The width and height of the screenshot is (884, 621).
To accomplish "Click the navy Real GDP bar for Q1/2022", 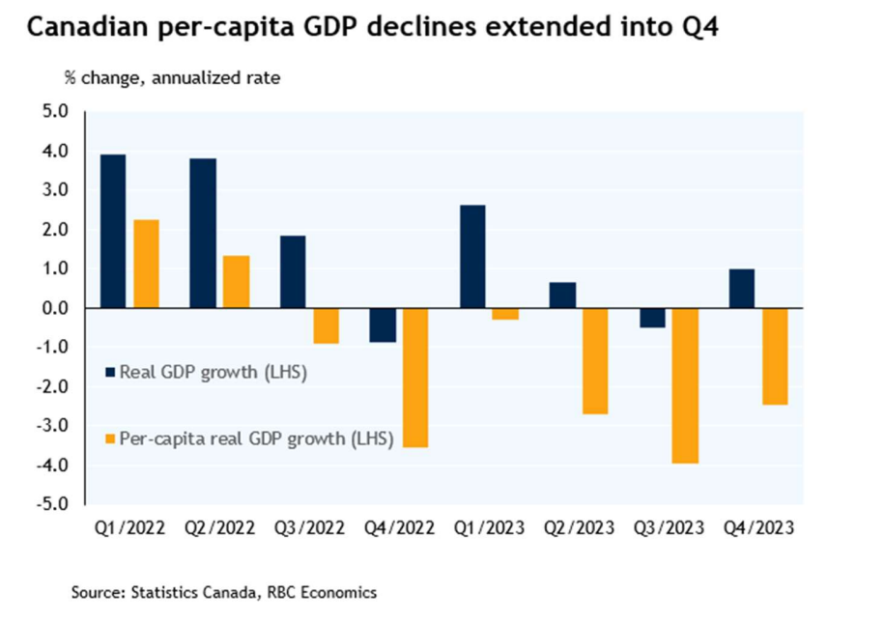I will click(x=113, y=231).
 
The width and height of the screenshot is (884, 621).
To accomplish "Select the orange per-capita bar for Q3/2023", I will click(x=685, y=385).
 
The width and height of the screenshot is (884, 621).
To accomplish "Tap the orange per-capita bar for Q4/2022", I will click(x=415, y=378).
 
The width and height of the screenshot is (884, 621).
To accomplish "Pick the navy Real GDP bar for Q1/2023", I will click(x=472, y=256).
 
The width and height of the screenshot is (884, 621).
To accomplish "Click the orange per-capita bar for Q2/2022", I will click(x=236, y=281).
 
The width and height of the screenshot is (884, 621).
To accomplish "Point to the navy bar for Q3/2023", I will click(x=652, y=318).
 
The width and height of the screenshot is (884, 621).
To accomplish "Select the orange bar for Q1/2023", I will click(x=505, y=314).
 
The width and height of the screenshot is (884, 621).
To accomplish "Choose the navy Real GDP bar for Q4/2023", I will click(x=742, y=288).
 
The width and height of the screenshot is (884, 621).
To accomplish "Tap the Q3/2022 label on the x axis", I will click(x=310, y=528).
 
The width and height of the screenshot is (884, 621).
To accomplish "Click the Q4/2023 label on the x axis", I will click(x=761, y=528).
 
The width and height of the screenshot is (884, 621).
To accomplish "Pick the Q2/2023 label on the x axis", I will click(x=581, y=528).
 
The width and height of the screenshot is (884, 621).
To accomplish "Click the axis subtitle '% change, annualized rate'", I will click(x=172, y=78).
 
